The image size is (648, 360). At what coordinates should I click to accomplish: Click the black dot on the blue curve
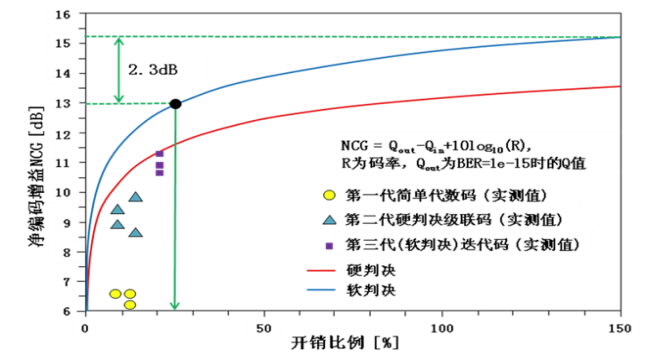click(x=176, y=103)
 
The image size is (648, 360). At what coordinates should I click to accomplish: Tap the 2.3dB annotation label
click(x=150, y=71)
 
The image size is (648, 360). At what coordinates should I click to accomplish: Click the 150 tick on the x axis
click(x=620, y=326)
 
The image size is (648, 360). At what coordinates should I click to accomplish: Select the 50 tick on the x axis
click(x=263, y=326)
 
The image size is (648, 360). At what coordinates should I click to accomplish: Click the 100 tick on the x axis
click(x=442, y=326)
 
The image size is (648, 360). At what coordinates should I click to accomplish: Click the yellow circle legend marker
click(x=329, y=197)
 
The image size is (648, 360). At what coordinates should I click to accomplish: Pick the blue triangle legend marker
click(x=329, y=220)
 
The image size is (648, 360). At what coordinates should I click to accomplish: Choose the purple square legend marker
click(x=329, y=245)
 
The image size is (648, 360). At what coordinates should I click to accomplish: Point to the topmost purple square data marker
click(x=159, y=153)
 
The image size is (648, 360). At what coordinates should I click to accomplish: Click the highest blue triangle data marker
click(x=135, y=197)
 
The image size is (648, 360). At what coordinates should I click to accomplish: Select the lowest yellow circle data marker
click(x=129, y=303)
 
